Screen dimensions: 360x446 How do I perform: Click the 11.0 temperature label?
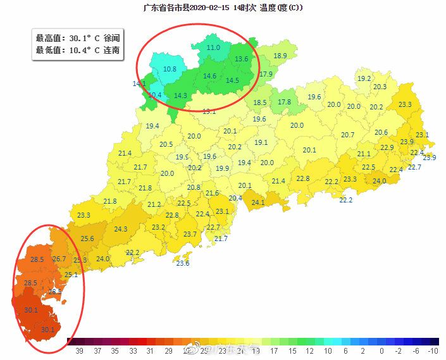pos(213,47)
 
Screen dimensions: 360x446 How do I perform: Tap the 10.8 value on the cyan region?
pos(170,69)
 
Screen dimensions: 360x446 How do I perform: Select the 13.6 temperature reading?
pos(242,59)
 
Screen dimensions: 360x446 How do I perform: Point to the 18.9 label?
pos(280,56)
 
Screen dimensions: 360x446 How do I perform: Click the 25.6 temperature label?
pos(87,239)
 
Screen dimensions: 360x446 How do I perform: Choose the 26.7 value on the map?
pos(59,259)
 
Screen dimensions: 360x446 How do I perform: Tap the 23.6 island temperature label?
pos(183,263)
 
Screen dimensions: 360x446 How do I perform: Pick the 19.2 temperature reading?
pos(364,79)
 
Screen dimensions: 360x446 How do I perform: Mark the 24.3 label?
pos(120,229)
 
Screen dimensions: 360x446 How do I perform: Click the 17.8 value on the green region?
pos(285,102)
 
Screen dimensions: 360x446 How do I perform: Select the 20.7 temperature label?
pos(347,135)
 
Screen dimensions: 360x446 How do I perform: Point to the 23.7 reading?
pos(190,234)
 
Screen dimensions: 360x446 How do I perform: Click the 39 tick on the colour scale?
pos(80,351)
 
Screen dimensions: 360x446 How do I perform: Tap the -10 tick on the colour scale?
pos(433,351)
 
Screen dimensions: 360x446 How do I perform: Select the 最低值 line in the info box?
pos(77,50)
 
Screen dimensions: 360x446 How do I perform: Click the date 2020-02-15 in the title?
pos(209,8)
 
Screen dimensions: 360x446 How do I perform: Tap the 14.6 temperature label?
pos(209,77)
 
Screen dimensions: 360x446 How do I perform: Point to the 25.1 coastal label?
pos(71,275)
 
